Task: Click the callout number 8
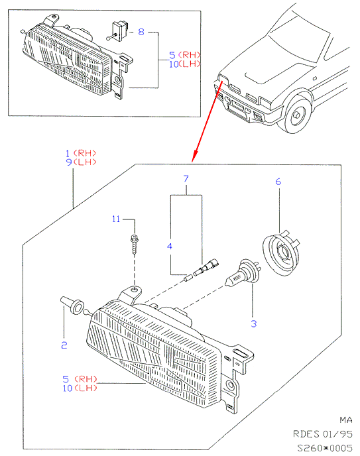(141, 31)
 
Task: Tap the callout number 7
(186, 178)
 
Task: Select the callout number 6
(278, 182)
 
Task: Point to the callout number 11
(116, 219)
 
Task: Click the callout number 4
(170, 247)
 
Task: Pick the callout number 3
(254, 323)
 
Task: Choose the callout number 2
(64, 345)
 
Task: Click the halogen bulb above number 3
(243, 273)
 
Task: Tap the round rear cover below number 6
(281, 253)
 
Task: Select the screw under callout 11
(135, 244)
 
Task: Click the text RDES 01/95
(323, 434)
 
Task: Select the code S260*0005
(325, 447)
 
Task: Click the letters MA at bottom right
(346, 420)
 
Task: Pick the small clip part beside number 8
(117, 31)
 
